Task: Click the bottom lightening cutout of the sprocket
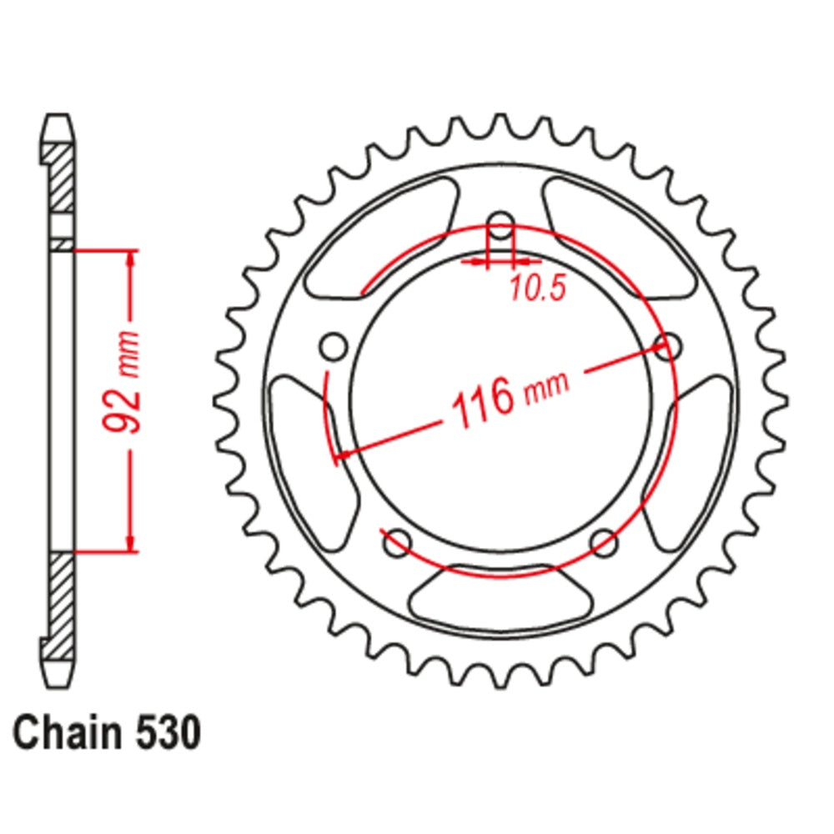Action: point(500,597)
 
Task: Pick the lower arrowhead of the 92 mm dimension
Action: point(131,541)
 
